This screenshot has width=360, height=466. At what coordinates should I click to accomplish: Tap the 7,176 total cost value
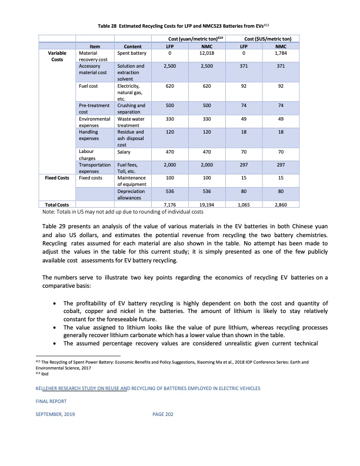(169, 205)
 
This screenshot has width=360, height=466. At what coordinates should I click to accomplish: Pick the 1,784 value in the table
(281, 54)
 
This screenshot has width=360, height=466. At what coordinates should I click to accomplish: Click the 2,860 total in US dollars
(281, 205)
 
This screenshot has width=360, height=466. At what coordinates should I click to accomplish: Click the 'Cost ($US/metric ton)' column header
(262, 38)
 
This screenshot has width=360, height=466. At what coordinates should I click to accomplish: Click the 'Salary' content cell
(125, 152)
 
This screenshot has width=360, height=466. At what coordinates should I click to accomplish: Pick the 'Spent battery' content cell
(131, 54)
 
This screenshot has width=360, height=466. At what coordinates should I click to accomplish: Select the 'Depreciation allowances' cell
(131, 195)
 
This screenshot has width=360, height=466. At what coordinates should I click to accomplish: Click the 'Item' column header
(95, 46)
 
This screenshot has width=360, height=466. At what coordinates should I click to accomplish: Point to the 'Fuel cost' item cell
(89, 85)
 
